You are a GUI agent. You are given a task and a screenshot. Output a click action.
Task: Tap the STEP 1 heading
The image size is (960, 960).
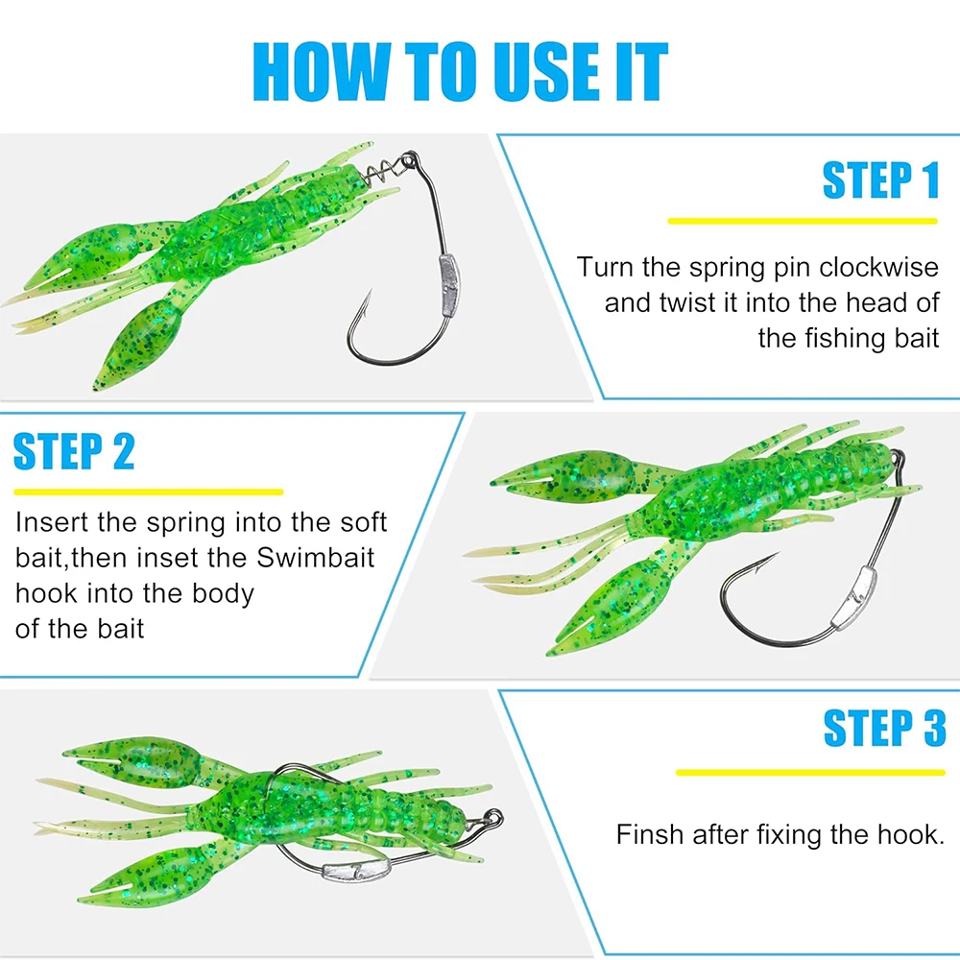point(880,180)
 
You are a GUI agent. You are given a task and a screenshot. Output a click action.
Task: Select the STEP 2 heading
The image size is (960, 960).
point(74,451)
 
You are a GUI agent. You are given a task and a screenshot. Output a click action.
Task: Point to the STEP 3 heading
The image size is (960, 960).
point(884,728)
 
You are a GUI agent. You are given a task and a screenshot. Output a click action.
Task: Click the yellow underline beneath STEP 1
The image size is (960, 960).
point(803,221)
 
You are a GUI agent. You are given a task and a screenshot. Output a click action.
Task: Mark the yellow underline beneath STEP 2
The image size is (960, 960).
point(148,492)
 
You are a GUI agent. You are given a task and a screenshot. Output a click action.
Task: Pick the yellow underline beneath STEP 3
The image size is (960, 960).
point(810,773)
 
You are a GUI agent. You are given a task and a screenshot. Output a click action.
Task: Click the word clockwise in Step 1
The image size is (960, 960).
point(878,268)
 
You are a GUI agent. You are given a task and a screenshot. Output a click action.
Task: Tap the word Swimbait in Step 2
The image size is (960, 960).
point(315,559)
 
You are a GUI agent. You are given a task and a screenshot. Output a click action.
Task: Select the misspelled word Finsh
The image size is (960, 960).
point(650,834)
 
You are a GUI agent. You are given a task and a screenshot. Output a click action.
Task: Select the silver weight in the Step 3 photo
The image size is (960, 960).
point(356,868)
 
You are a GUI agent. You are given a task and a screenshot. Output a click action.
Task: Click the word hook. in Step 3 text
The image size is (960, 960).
point(911,834)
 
